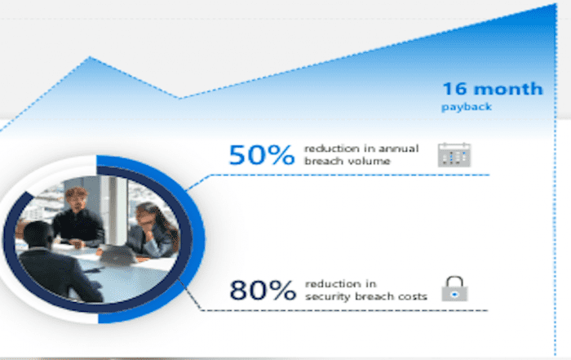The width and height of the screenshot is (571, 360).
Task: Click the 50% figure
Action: click(x=262, y=155)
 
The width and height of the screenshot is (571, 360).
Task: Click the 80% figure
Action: click(x=263, y=290)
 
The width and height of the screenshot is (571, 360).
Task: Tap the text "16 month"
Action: click(x=493, y=89)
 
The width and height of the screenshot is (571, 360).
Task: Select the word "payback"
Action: click(x=467, y=107)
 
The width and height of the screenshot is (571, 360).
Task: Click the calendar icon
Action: click(x=454, y=155)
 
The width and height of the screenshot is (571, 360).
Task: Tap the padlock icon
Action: click(x=454, y=289)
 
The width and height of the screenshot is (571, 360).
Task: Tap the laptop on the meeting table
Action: click(x=117, y=255)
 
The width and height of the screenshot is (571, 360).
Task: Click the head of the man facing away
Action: click(x=38, y=234)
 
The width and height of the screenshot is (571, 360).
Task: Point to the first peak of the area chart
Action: click(x=90, y=57)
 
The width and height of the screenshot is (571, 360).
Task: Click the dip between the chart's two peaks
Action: click(x=179, y=98)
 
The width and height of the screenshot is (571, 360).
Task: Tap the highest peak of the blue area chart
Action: click(x=556, y=4)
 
